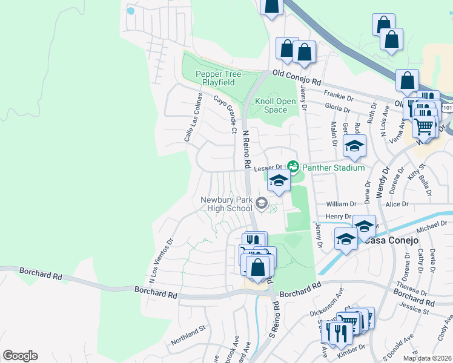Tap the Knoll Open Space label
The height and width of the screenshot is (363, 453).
[271, 105]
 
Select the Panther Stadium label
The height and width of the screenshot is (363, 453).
[334, 168]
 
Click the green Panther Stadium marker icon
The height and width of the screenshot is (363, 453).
[294, 166]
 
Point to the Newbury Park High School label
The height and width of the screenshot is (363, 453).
[226, 204]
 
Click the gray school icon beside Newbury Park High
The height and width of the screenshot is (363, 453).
[262, 203]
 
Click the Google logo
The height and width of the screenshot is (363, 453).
[20, 356]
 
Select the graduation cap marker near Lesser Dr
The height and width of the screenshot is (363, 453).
[278, 181]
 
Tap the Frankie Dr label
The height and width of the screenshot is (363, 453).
[339, 95]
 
